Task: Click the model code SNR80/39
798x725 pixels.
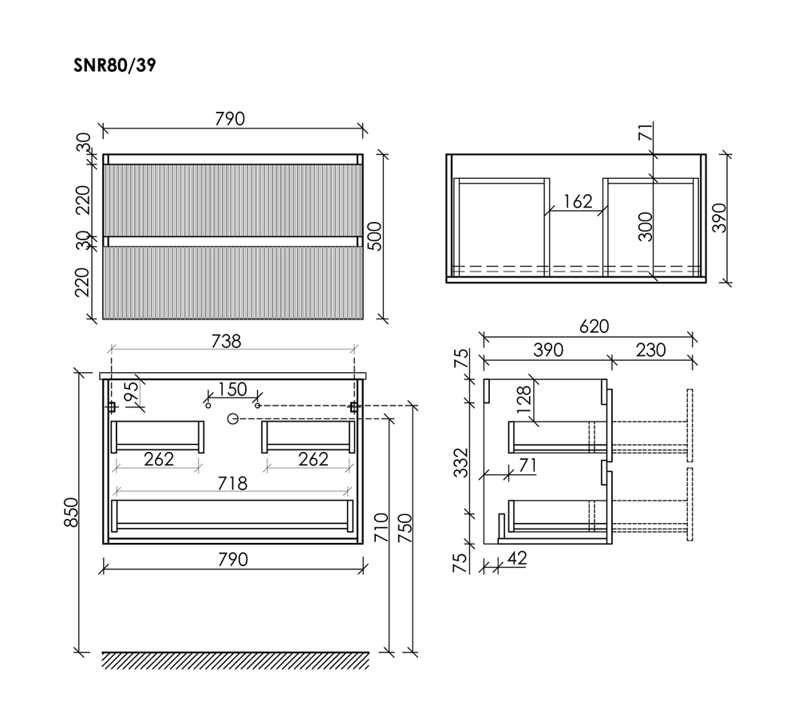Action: [x=114, y=66]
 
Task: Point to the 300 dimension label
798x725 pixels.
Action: [x=646, y=227]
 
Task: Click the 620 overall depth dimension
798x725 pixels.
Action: [x=594, y=327]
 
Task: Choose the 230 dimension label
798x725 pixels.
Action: [x=651, y=350]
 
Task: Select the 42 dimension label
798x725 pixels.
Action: [x=516, y=559]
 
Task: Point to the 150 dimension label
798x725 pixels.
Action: [x=232, y=390]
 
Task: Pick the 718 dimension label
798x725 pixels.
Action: [x=232, y=483]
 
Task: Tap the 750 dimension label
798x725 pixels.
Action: [x=405, y=528]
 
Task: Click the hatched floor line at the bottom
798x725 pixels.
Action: [x=236, y=660]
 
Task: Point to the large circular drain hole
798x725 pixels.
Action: [x=233, y=418]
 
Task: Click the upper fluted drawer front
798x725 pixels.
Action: [x=233, y=199]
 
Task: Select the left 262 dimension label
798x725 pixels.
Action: [x=158, y=459]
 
